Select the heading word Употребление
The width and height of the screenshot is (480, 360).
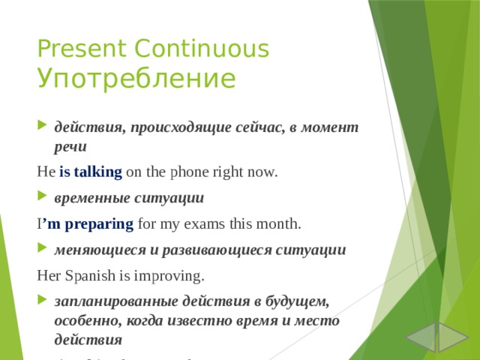136,78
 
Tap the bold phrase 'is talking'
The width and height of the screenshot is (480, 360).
90,172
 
